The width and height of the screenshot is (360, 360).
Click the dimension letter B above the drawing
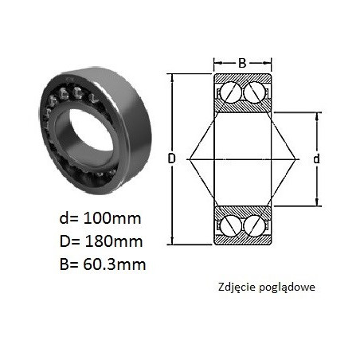point(242,63)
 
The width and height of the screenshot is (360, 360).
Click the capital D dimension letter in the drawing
point(172,158)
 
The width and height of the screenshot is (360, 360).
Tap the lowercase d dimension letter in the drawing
point(316,158)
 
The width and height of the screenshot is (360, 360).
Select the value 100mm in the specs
point(112,218)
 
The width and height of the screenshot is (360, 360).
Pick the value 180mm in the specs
point(113,241)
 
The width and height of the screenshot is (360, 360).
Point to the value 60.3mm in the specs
point(115,264)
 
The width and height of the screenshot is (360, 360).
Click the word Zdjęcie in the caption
point(236,288)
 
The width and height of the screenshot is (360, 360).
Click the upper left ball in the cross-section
point(231,92)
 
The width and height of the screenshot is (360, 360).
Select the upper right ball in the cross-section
point(254,92)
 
